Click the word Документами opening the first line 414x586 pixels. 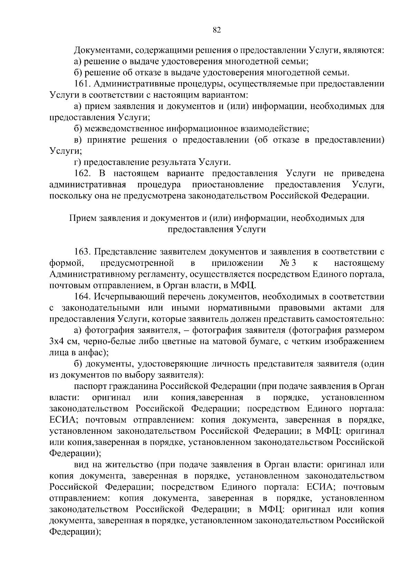click(102, 50)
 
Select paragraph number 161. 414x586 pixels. click(82, 84)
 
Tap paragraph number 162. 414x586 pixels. click(83, 174)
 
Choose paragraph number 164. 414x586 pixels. click(83, 297)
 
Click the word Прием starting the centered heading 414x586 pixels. click(83, 218)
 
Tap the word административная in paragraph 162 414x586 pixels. click(87, 185)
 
